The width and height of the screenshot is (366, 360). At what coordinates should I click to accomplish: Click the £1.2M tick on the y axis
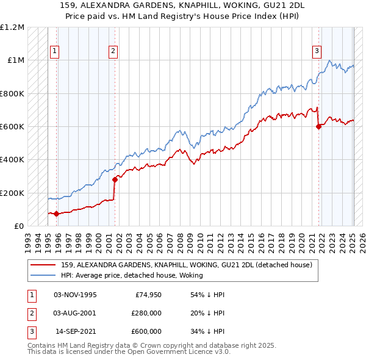click(x=12, y=27)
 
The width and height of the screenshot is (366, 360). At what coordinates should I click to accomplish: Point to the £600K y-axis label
click(x=12, y=127)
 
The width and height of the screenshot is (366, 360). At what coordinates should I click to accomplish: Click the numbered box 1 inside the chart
click(x=55, y=52)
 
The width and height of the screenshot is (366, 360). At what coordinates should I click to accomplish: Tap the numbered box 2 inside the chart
click(x=113, y=52)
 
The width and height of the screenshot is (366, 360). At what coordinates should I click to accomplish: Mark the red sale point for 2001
click(x=115, y=179)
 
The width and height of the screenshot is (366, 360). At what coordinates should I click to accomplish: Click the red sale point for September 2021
click(x=318, y=127)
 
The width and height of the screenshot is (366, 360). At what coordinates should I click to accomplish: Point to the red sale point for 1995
click(x=56, y=214)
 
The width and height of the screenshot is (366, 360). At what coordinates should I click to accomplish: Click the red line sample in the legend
click(x=42, y=265)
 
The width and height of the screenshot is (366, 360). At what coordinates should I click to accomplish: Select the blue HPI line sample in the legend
click(x=42, y=275)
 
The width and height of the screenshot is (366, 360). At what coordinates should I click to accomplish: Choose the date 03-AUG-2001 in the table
click(x=75, y=313)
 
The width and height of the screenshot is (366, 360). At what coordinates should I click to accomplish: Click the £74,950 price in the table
click(x=146, y=295)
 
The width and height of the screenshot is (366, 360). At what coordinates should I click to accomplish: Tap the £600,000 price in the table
click(x=146, y=331)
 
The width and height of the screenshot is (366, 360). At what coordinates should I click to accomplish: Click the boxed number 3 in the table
click(x=30, y=331)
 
